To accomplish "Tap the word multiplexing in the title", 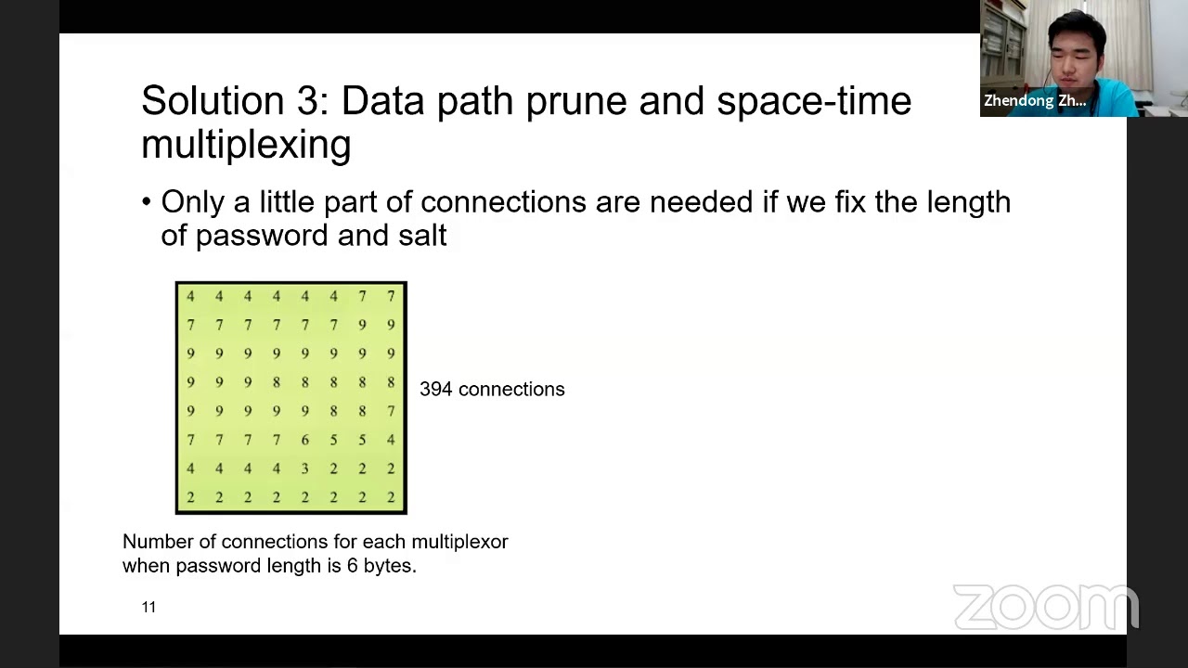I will click(x=246, y=145).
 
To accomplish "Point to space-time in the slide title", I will click(x=814, y=101).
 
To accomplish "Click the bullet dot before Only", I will click(x=147, y=202).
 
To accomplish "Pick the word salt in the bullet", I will click(x=422, y=235).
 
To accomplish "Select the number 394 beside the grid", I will click(x=436, y=390).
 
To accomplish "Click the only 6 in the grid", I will click(x=304, y=440).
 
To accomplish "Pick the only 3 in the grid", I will click(x=304, y=469).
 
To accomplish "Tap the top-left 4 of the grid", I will click(x=190, y=296).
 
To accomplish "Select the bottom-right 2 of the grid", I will click(x=391, y=497).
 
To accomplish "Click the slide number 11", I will click(x=148, y=607).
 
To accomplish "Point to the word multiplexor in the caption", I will click(x=459, y=542).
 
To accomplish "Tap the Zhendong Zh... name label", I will click(x=1035, y=101).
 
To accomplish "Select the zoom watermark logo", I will click(x=1045, y=607).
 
